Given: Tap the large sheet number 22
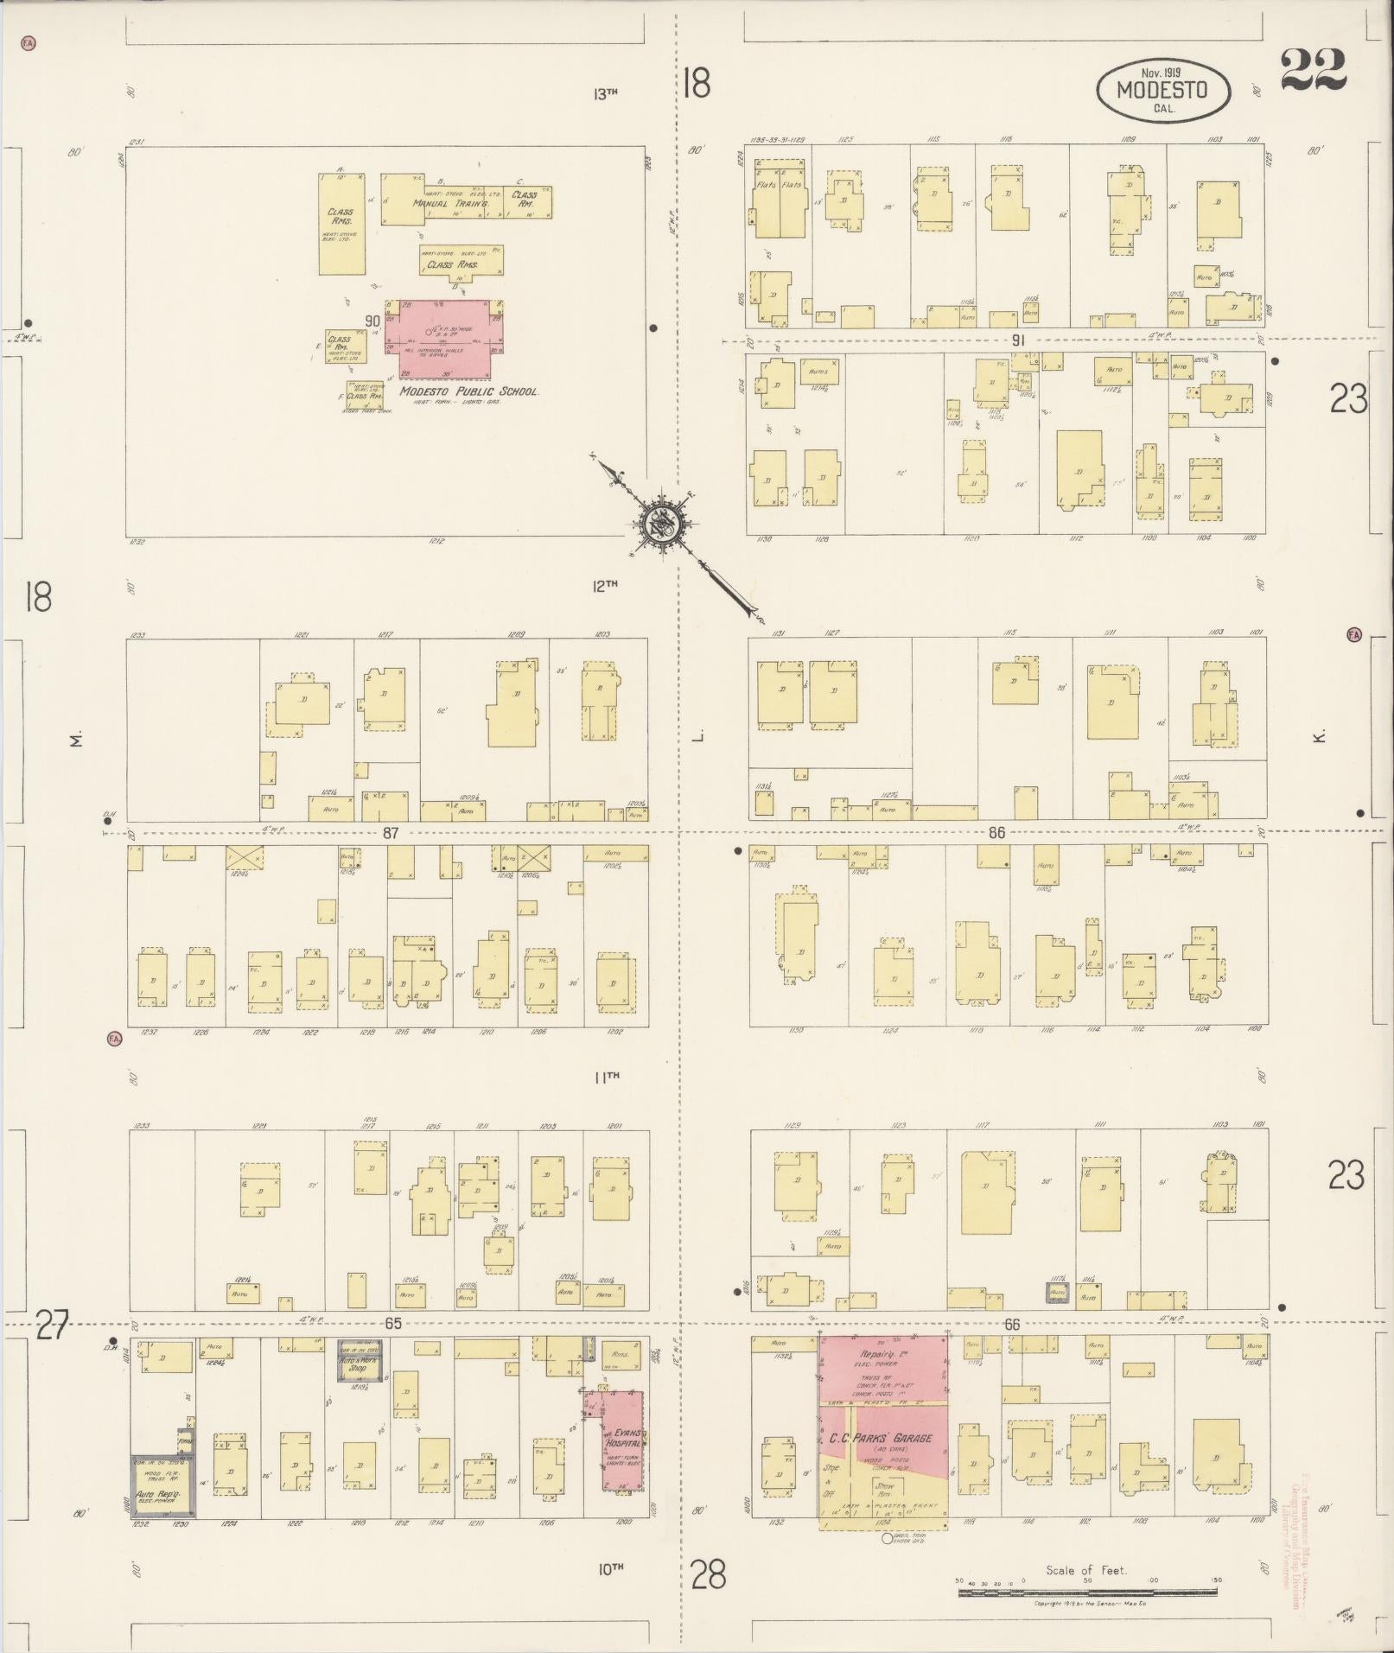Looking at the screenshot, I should pyautogui.click(x=1313, y=70).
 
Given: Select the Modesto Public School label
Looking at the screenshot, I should pyautogui.click(x=469, y=391).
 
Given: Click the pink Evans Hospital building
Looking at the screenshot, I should pyautogui.click(x=623, y=1439).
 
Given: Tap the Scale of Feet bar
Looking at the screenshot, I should pyautogui.click(x=1087, y=1592).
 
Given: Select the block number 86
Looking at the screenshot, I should pyautogui.click(x=996, y=833).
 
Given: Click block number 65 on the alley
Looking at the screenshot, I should pyautogui.click(x=394, y=1323).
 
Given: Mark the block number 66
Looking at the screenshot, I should pyautogui.click(x=1012, y=1324).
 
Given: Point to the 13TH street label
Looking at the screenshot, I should pyautogui.click(x=606, y=92).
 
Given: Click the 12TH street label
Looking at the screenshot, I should pyautogui.click(x=605, y=585).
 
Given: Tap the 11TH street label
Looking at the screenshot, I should pyautogui.click(x=607, y=1077).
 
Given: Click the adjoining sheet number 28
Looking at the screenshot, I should pyautogui.click(x=709, y=1574).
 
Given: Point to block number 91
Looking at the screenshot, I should pyautogui.click(x=1018, y=340).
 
